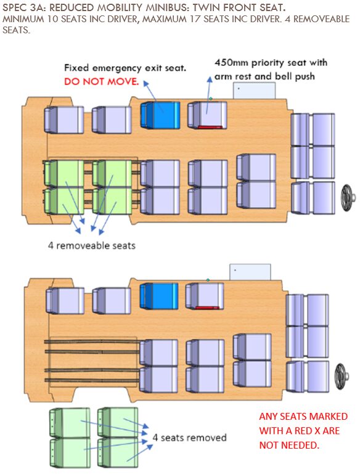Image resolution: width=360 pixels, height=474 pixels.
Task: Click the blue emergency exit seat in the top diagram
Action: pyautogui.click(x=160, y=115)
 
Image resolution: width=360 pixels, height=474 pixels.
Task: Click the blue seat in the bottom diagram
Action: pyautogui.click(x=159, y=296)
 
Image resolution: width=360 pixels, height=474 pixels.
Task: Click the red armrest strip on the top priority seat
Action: pyautogui.click(x=210, y=127)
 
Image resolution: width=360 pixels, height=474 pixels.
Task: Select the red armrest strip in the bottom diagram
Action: pyautogui.click(x=207, y=308)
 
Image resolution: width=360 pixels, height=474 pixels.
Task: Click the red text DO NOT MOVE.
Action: pyautogui.click(x=102, y=81)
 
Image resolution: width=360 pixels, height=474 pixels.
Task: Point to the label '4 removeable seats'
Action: pyautogui.click(x=92, y=245)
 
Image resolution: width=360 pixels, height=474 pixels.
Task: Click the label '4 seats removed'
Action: pyautogui.click(x=189, y=438)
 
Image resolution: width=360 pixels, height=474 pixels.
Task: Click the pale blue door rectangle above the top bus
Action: pyautogui.click(x=254, y=91)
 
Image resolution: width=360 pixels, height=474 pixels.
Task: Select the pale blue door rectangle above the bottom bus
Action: pyautogui.click(x=250, y=272)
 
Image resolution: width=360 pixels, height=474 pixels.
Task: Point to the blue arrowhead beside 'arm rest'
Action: pyautogui.click(x=209, y=79)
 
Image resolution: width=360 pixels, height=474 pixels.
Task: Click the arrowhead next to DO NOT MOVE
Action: pyautogui.click(x=145, y=83)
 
